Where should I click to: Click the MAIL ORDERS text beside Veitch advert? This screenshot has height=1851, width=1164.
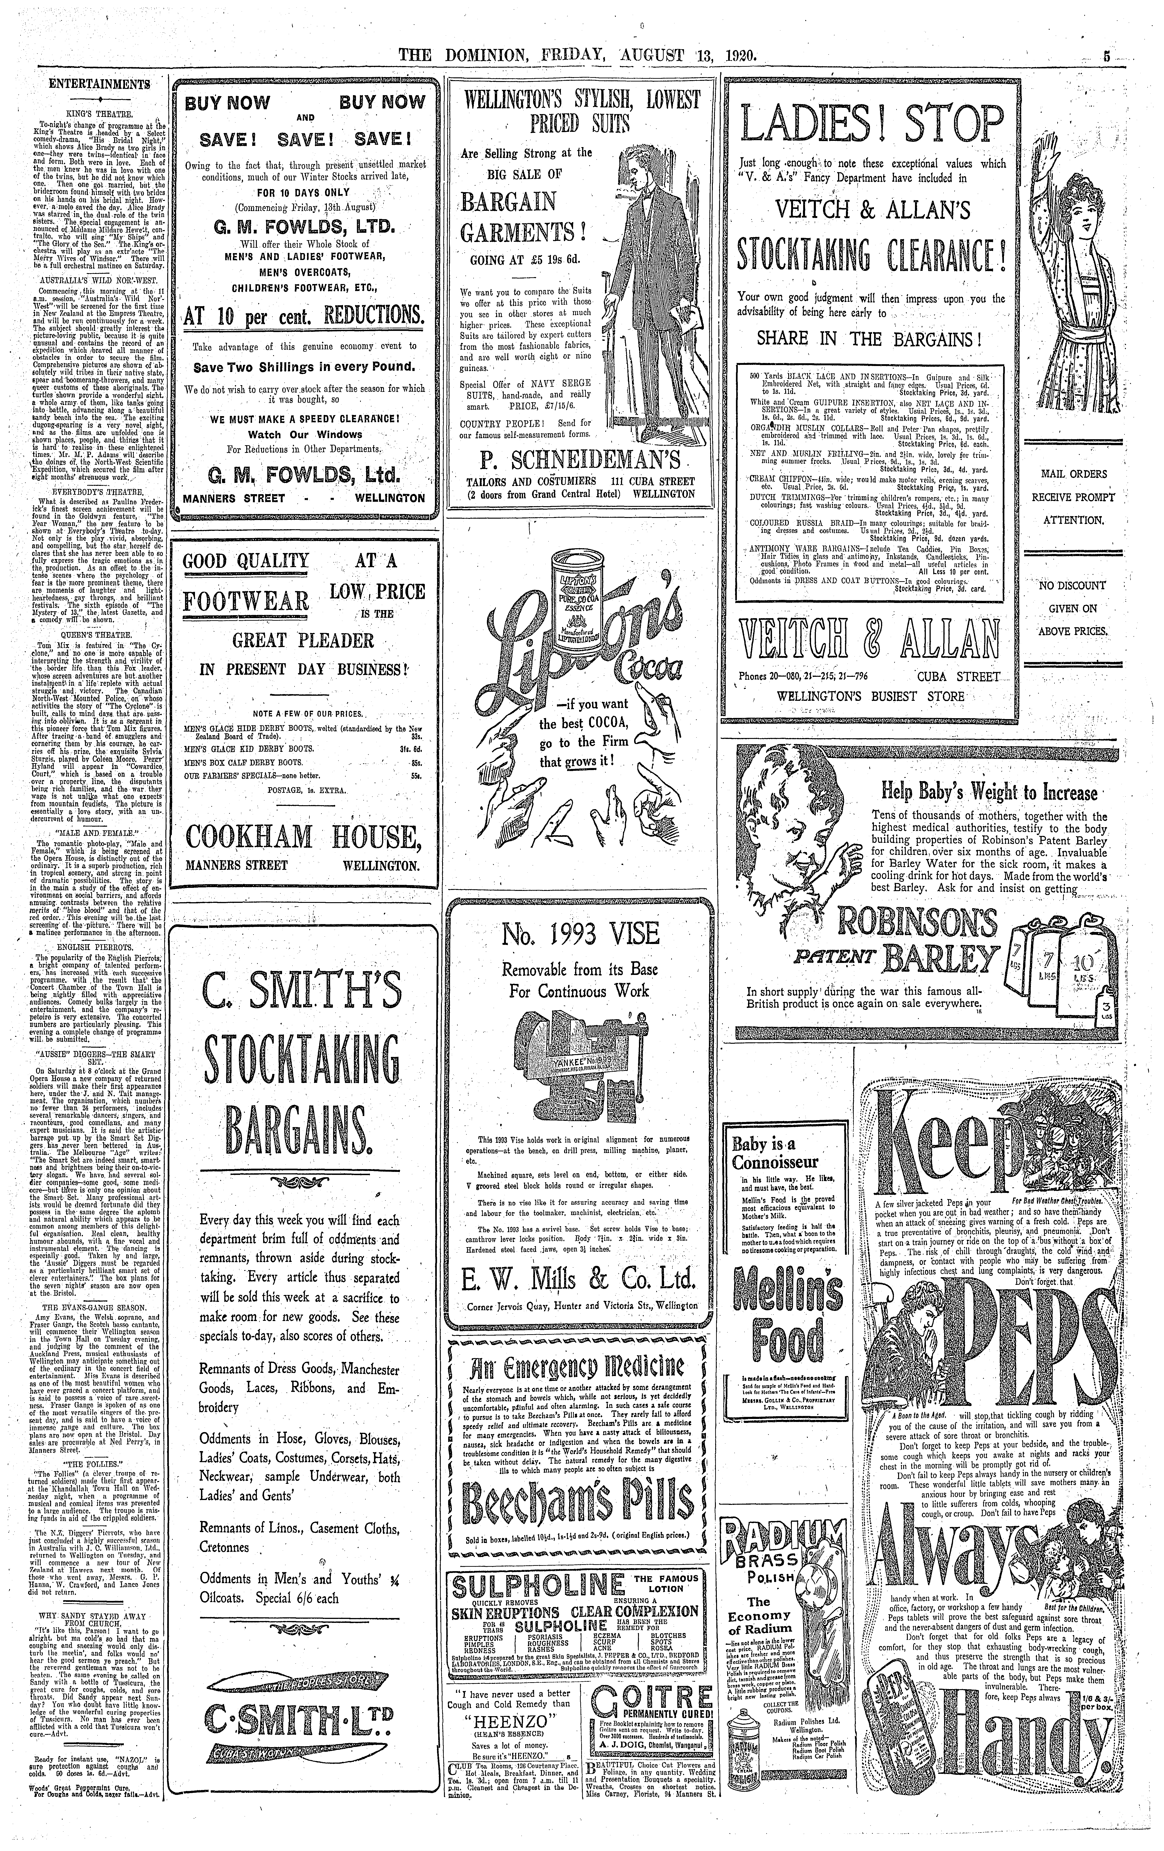[x=1074, y=474]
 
